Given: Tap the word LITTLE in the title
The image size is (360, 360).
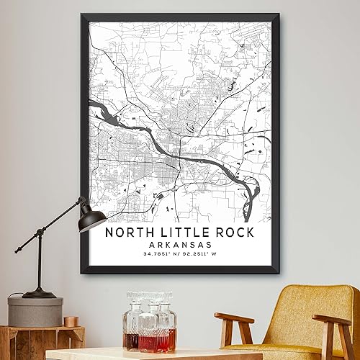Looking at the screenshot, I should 174,233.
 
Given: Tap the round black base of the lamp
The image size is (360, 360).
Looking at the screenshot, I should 39,293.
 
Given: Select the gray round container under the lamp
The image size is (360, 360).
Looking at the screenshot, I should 35,311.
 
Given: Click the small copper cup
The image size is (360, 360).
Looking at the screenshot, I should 71,321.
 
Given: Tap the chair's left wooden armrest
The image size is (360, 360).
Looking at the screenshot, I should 234,319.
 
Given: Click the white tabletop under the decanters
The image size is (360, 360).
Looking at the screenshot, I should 130,354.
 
